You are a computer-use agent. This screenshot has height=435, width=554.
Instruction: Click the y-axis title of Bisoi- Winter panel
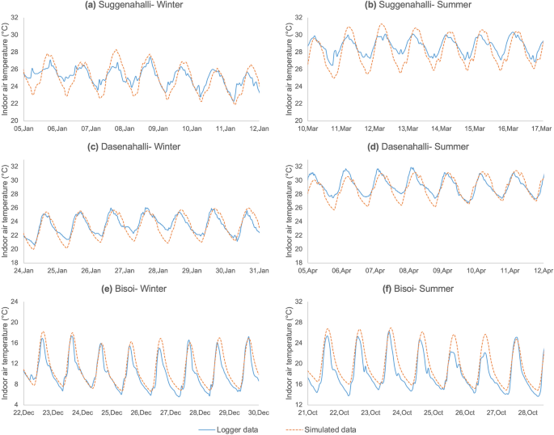(x=6, y=353)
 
